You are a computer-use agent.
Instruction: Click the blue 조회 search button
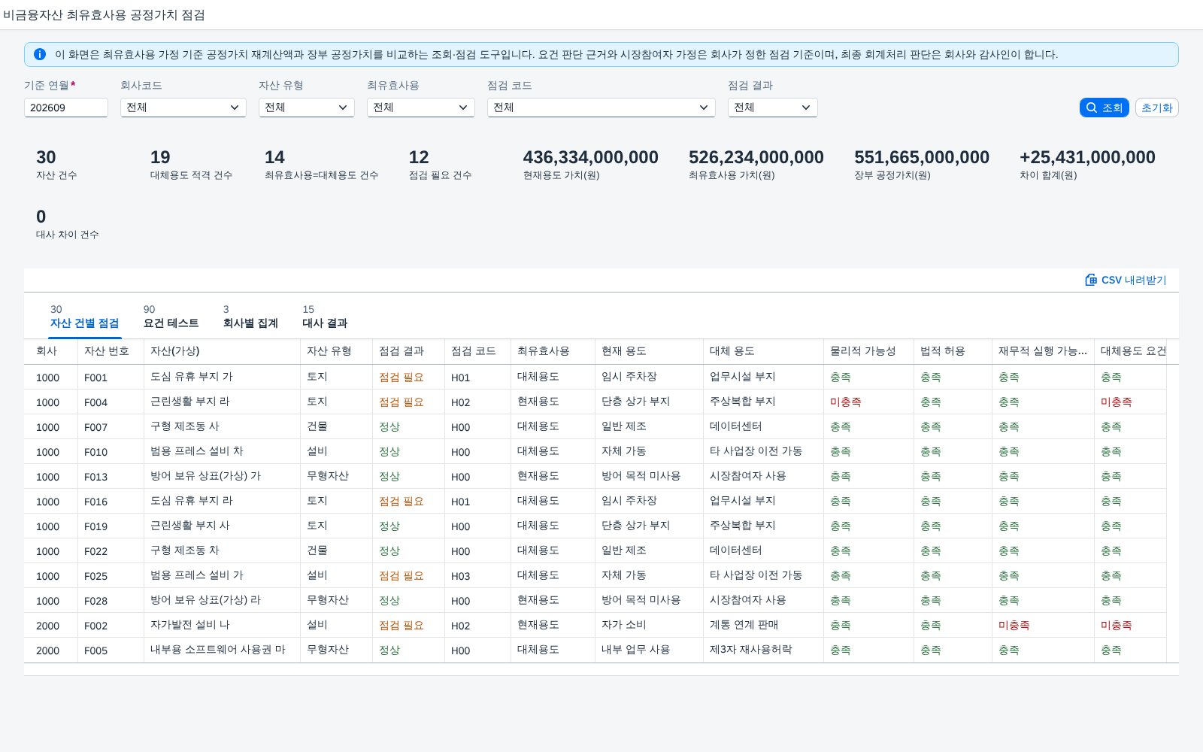point(1104,108)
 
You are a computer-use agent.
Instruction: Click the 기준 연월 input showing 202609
point(66,108)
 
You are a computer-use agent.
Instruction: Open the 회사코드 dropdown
point(183,108)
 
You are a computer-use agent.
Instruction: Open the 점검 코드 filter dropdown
point(601,108)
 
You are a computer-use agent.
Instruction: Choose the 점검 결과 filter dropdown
point(772,108)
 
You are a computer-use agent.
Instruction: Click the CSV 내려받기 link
point(1126,280)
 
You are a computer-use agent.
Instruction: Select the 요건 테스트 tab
point(171,323)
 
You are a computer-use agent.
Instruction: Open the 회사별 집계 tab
point(250,323)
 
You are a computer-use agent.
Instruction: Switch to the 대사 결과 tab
point(325,323)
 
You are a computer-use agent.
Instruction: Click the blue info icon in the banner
point(40,54)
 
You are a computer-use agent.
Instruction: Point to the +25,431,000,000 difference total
point(1087,157)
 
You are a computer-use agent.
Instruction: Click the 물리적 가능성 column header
point(862,351)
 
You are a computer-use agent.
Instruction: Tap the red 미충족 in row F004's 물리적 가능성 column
point(845,402)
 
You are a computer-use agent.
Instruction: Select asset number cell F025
point(95,576)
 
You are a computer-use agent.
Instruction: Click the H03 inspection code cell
point(460,576)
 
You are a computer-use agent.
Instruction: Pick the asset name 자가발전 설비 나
point(190,625)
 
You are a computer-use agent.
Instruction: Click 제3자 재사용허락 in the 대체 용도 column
point(751,650)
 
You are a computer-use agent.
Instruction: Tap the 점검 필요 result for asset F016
point(402,501)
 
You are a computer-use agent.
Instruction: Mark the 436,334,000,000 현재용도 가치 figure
point(590,157)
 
